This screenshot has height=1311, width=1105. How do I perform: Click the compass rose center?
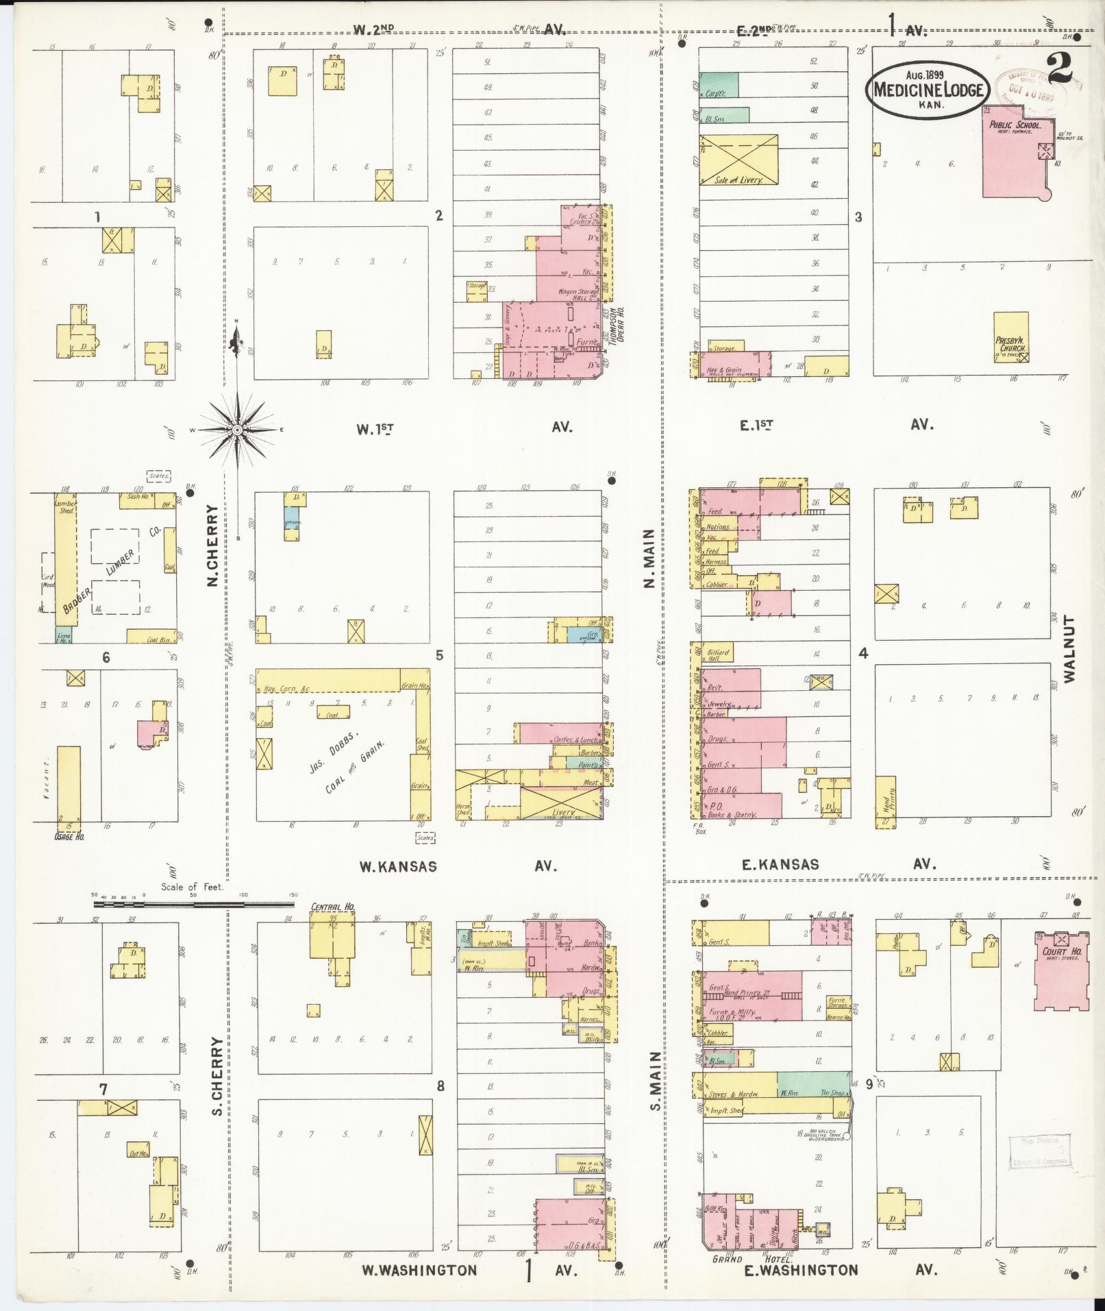tap(237, 430)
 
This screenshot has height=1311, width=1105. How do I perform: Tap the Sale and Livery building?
tap(738, 160)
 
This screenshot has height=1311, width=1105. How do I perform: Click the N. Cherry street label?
tap(213, 546)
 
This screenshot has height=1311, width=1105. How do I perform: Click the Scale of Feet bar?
tap(194, 905)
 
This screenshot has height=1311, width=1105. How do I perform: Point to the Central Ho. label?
tap(332, 907)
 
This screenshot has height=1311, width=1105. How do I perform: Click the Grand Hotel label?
tap(752, 1259)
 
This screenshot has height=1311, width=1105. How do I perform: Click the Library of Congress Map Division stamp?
tap(1039, 1151)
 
